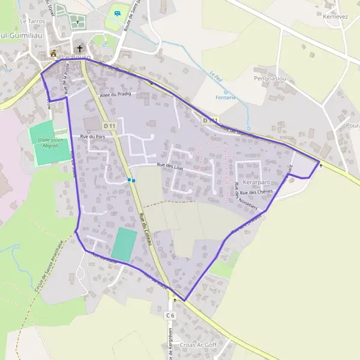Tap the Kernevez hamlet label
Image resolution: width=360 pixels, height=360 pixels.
pyautogui.click(x=335, y=17)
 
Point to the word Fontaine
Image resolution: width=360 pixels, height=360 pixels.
pyautogui.click(x=225, y=97)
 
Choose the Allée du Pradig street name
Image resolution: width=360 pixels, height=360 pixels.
pyautogui.click(x=115, y=95)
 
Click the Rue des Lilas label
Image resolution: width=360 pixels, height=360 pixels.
pyautogui.click(x=169, y=166)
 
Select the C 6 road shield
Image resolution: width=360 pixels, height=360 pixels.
pyautogui.click(x=170, y=315)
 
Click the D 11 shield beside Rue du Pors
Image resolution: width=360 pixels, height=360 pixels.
pyautogui.click(x=109, y=126)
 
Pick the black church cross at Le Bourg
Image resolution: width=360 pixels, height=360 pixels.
pyautogui.click(x=79, y=49)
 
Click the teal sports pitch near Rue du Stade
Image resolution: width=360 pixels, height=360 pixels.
pyautogui.click(x=124, y=244)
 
